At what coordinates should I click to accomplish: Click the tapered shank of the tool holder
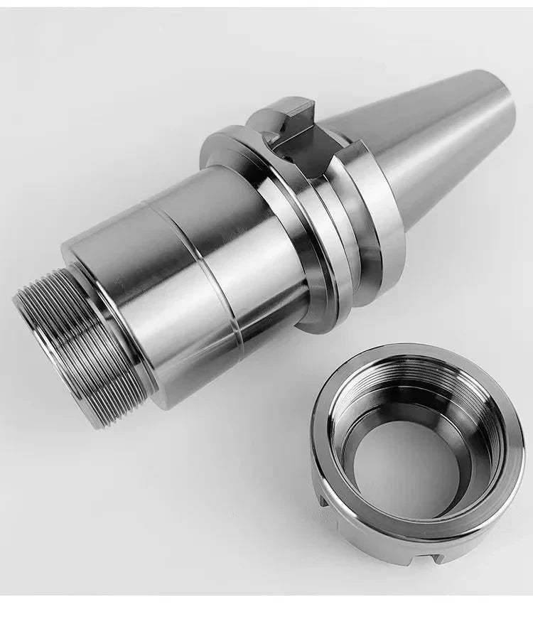(426, 142)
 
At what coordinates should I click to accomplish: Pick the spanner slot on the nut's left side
(323, 501)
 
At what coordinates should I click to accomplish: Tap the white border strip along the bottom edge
(266, 608)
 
